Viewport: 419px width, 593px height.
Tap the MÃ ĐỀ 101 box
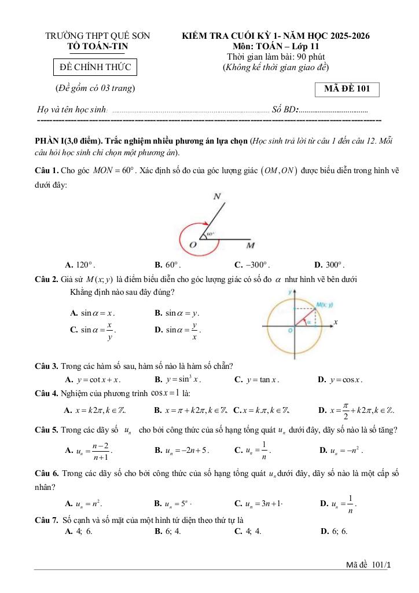click(x=347, y=89)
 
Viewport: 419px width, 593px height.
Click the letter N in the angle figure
click(x=218, y=197)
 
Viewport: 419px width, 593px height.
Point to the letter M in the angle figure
click(x=251, y=246)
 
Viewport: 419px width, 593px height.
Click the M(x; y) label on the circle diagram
click(x=324, y=304)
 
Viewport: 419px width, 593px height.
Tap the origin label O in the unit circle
click(x=289, y=330)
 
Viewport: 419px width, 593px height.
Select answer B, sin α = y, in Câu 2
click(x=177, y=313)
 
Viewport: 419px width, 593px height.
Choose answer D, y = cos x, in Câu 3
click(x=340, y=380)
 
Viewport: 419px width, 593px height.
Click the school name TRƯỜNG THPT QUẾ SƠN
click(x=98, y=36)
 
